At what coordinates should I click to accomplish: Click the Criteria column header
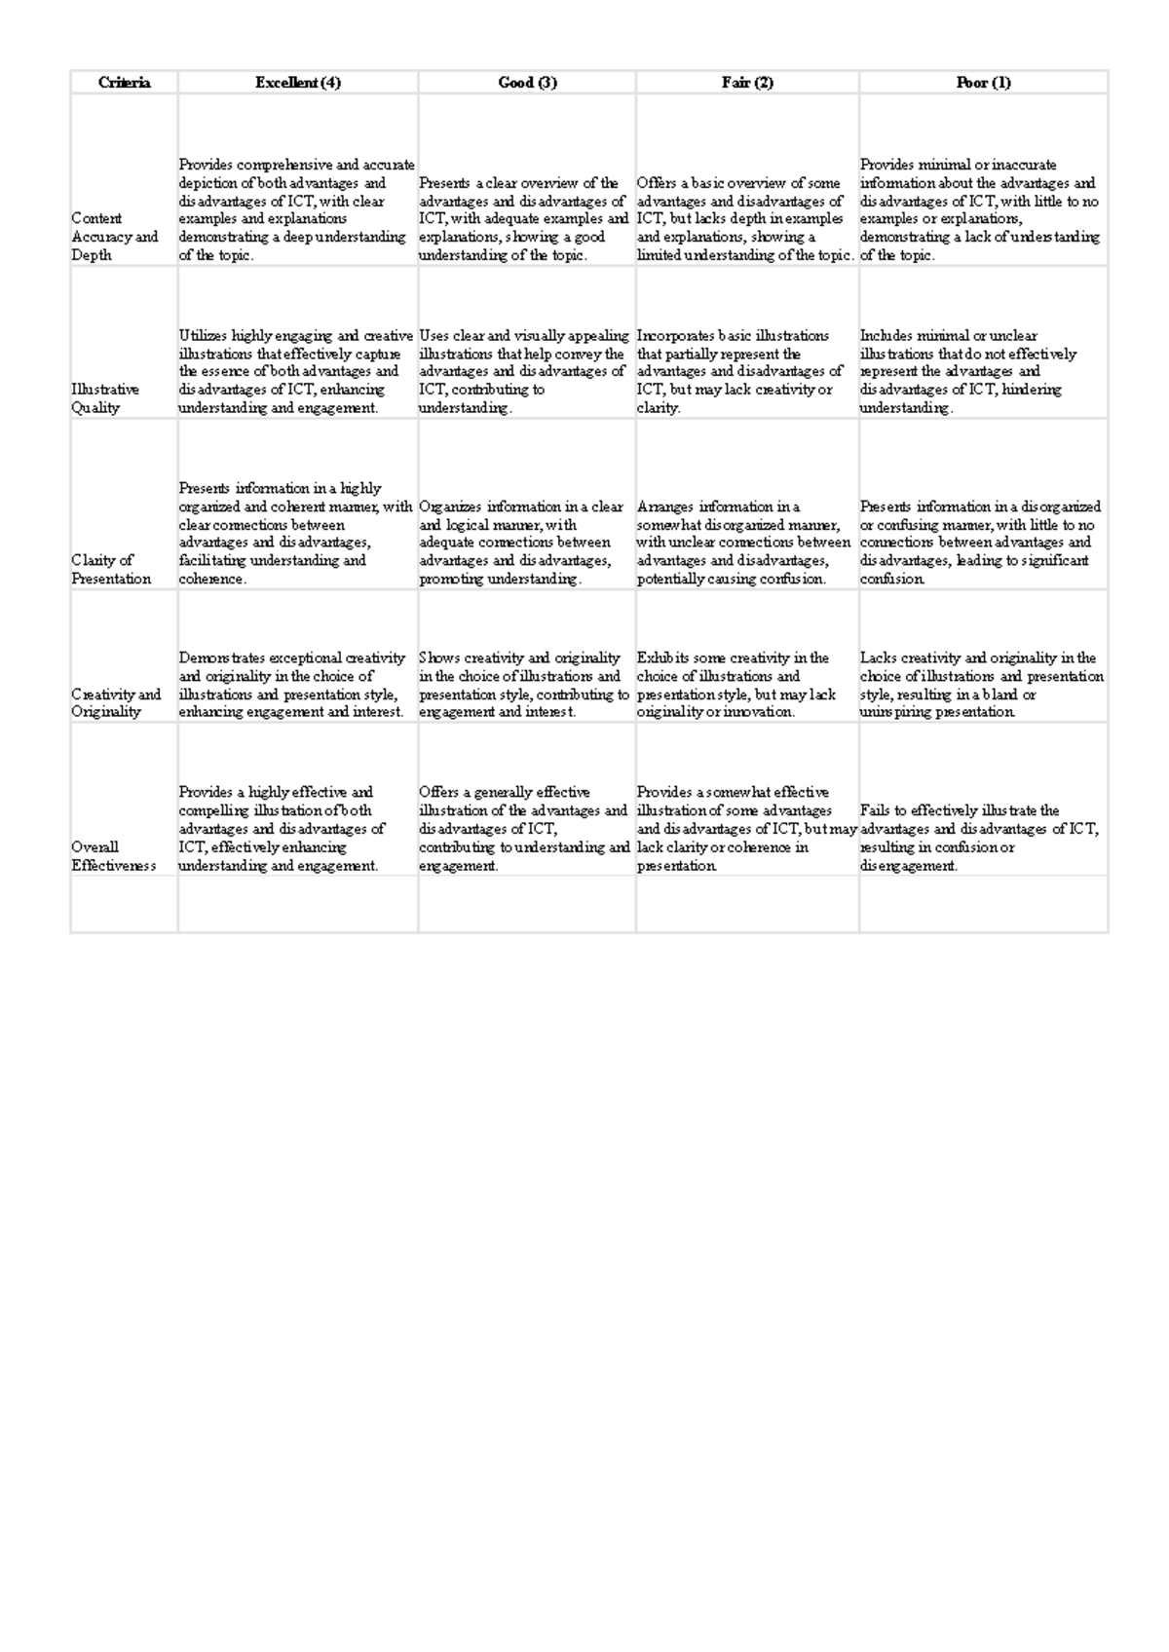coord(124,83)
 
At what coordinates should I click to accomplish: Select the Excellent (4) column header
coord(298,83)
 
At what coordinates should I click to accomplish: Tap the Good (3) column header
coord(527,83)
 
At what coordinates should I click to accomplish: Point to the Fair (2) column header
coord(747,83)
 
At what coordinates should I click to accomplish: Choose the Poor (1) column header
coord(983,83)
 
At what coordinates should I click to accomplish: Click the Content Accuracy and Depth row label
coord(114,237)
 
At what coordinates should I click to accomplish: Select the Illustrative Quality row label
coord(105,398)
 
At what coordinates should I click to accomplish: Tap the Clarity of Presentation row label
coord(111,570)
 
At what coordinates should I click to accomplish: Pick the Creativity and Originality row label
coord(115,702)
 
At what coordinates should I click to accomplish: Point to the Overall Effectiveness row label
coord(113,856)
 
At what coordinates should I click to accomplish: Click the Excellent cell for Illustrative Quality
coord(296,371)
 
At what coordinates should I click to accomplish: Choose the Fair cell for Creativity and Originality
coord(736,685)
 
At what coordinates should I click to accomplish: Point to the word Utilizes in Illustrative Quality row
coord(203,336)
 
